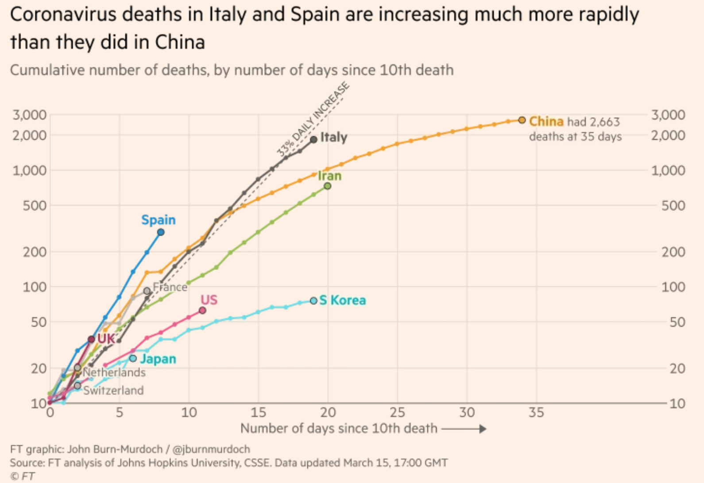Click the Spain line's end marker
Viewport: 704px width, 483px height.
click(161, 232)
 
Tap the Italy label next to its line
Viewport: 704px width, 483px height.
click(333, 137)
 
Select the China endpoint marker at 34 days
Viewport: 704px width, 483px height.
click(522, 120)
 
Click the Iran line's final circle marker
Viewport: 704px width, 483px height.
click(328, 186)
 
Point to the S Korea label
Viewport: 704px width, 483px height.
click(343, 300)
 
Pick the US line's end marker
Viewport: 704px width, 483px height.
click(202, 311)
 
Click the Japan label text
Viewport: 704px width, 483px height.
click(158, 358)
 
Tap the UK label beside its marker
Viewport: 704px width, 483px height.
click(106, 339)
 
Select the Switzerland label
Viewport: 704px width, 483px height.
click(113, 390)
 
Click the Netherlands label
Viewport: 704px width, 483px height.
click(114, 372)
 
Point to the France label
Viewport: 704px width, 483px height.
click(170, 287)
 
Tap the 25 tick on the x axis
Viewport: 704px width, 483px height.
click(397, 413)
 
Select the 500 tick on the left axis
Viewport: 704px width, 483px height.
click(35, 206)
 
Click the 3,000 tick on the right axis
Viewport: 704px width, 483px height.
click(668, 115)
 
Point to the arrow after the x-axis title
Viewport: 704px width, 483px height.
click(464, 428)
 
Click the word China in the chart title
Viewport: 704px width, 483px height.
click(180, 43)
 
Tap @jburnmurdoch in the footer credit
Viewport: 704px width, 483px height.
click(211, 449)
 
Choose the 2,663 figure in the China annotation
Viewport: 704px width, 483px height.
click(604, 122)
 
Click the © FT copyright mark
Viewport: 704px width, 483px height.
click(22, 476)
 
